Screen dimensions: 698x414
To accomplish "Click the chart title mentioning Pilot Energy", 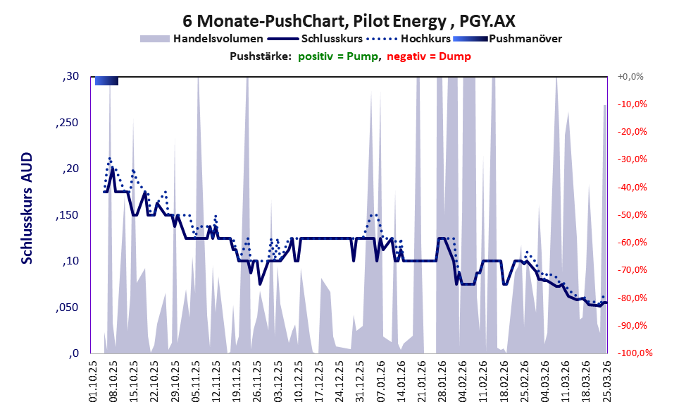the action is click(x=349, y=20).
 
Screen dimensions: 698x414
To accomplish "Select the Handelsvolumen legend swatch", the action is click(x=155, y=39).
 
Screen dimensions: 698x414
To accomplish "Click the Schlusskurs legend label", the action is click(x=332, y=39).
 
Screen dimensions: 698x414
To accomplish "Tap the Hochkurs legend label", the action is click(x=425, y=39).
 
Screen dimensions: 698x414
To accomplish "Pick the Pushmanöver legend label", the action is click(x=525, y=39).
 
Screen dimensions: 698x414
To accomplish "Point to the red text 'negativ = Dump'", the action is click(x=429, y=56).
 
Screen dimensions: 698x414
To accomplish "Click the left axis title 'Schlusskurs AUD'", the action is click(x=27, y=208).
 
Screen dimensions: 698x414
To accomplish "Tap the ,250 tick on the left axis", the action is click(x=67, y=123).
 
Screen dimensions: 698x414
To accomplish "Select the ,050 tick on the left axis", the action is click(x=67, y=308).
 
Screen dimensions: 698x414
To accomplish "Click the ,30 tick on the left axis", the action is click(x=70, y=77).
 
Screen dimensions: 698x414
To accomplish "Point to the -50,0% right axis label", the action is click(x=632, y=215).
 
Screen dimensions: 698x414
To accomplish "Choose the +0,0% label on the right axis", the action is click(x=630, y=77).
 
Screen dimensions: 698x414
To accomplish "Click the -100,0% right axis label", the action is click(x=635, y=353).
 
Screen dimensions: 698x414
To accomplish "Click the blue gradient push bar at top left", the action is click(x=107, y=81).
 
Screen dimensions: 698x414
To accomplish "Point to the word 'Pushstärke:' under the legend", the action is click(x=261, y=56).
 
